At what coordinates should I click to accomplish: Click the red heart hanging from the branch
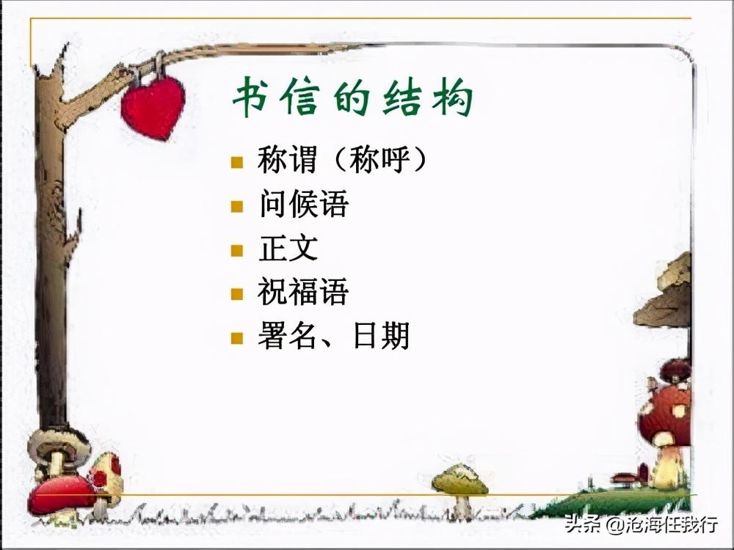[x=153, y=108]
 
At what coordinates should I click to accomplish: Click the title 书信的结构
[x=352, y=99]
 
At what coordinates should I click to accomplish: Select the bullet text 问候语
[x=303, y=205]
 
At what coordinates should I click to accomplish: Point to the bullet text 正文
[x=288, y=249]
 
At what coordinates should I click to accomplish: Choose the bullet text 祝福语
[x=303, y=293]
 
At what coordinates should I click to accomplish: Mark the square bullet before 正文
[x=236, y=250]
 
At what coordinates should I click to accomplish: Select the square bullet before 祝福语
[x=236, y=294]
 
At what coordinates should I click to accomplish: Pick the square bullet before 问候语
[x=236, y=206]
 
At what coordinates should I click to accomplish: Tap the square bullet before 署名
[x=236, y=338]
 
